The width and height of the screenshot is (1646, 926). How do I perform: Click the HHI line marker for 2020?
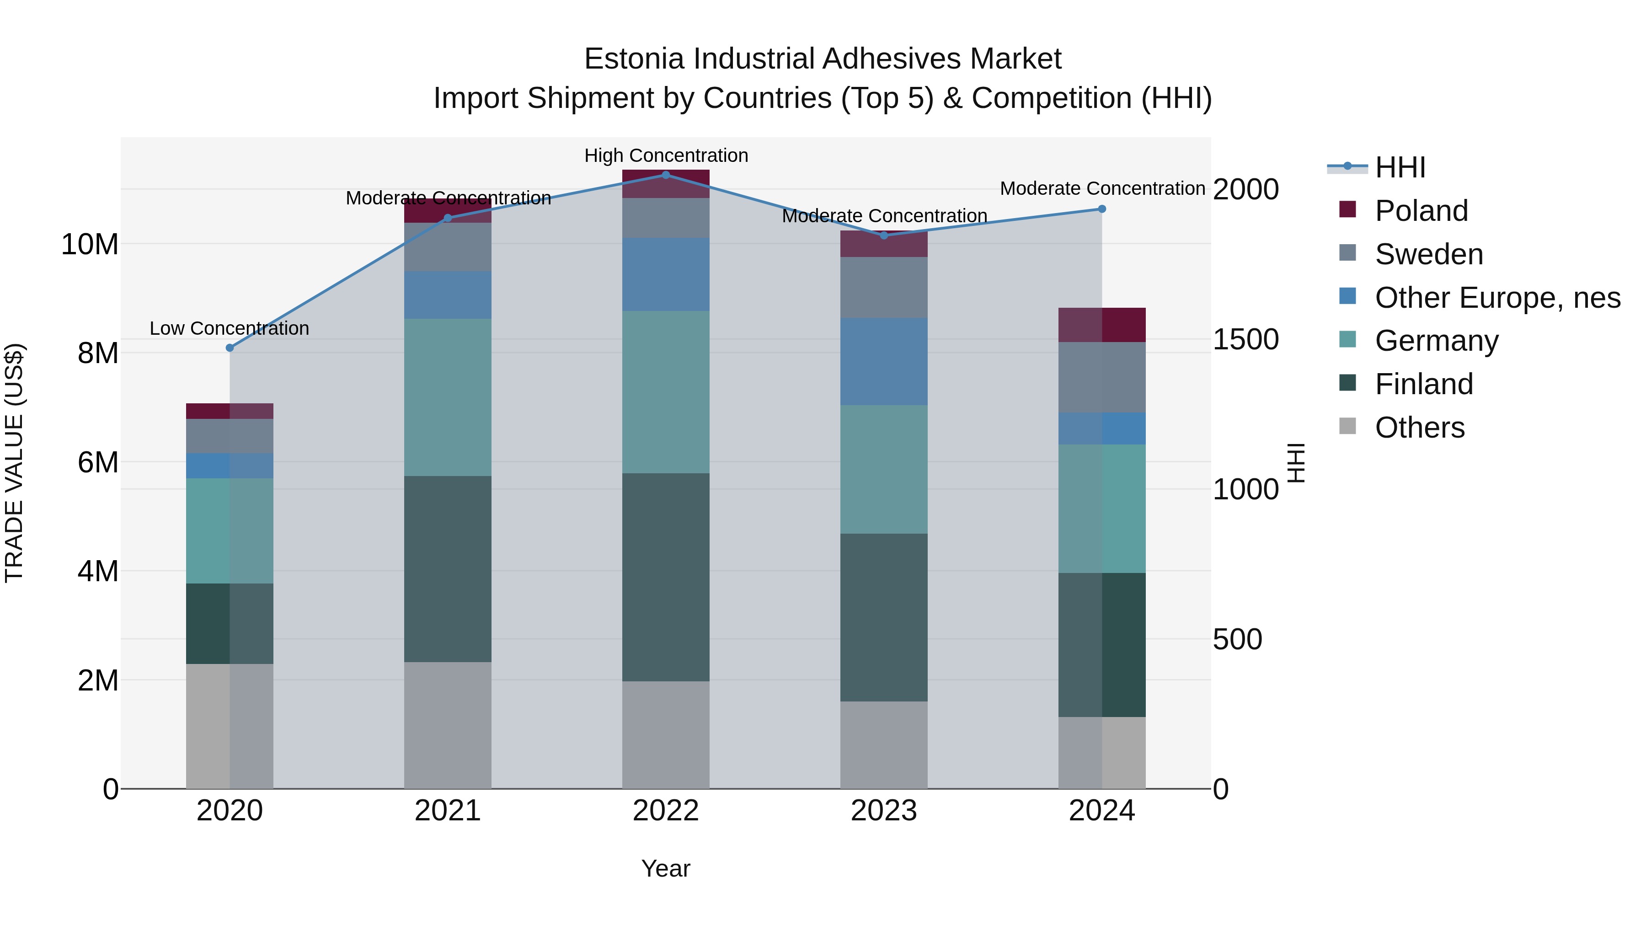pos(230,348)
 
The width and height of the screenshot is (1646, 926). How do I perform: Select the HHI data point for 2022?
pos(665,175)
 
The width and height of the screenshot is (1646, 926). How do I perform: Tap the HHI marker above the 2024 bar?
pos(1101,209)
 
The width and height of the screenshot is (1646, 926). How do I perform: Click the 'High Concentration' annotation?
pos(666,155)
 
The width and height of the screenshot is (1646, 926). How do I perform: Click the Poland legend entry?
pos(1421,211)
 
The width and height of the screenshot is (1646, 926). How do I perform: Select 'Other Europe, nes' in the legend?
pos(1497,298)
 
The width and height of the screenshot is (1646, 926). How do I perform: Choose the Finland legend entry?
pos(1424,384)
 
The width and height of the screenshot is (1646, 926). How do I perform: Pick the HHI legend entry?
pos(1400,167)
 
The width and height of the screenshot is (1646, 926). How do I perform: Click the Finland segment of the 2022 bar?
pos(665,577)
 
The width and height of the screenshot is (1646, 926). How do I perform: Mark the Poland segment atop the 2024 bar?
pos(1101,325)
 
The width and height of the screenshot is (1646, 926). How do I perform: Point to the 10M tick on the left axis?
pos(90,244)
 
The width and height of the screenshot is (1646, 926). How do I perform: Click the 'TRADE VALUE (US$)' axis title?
pos(14,463)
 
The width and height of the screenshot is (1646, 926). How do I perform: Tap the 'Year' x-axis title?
pos(665,868)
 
